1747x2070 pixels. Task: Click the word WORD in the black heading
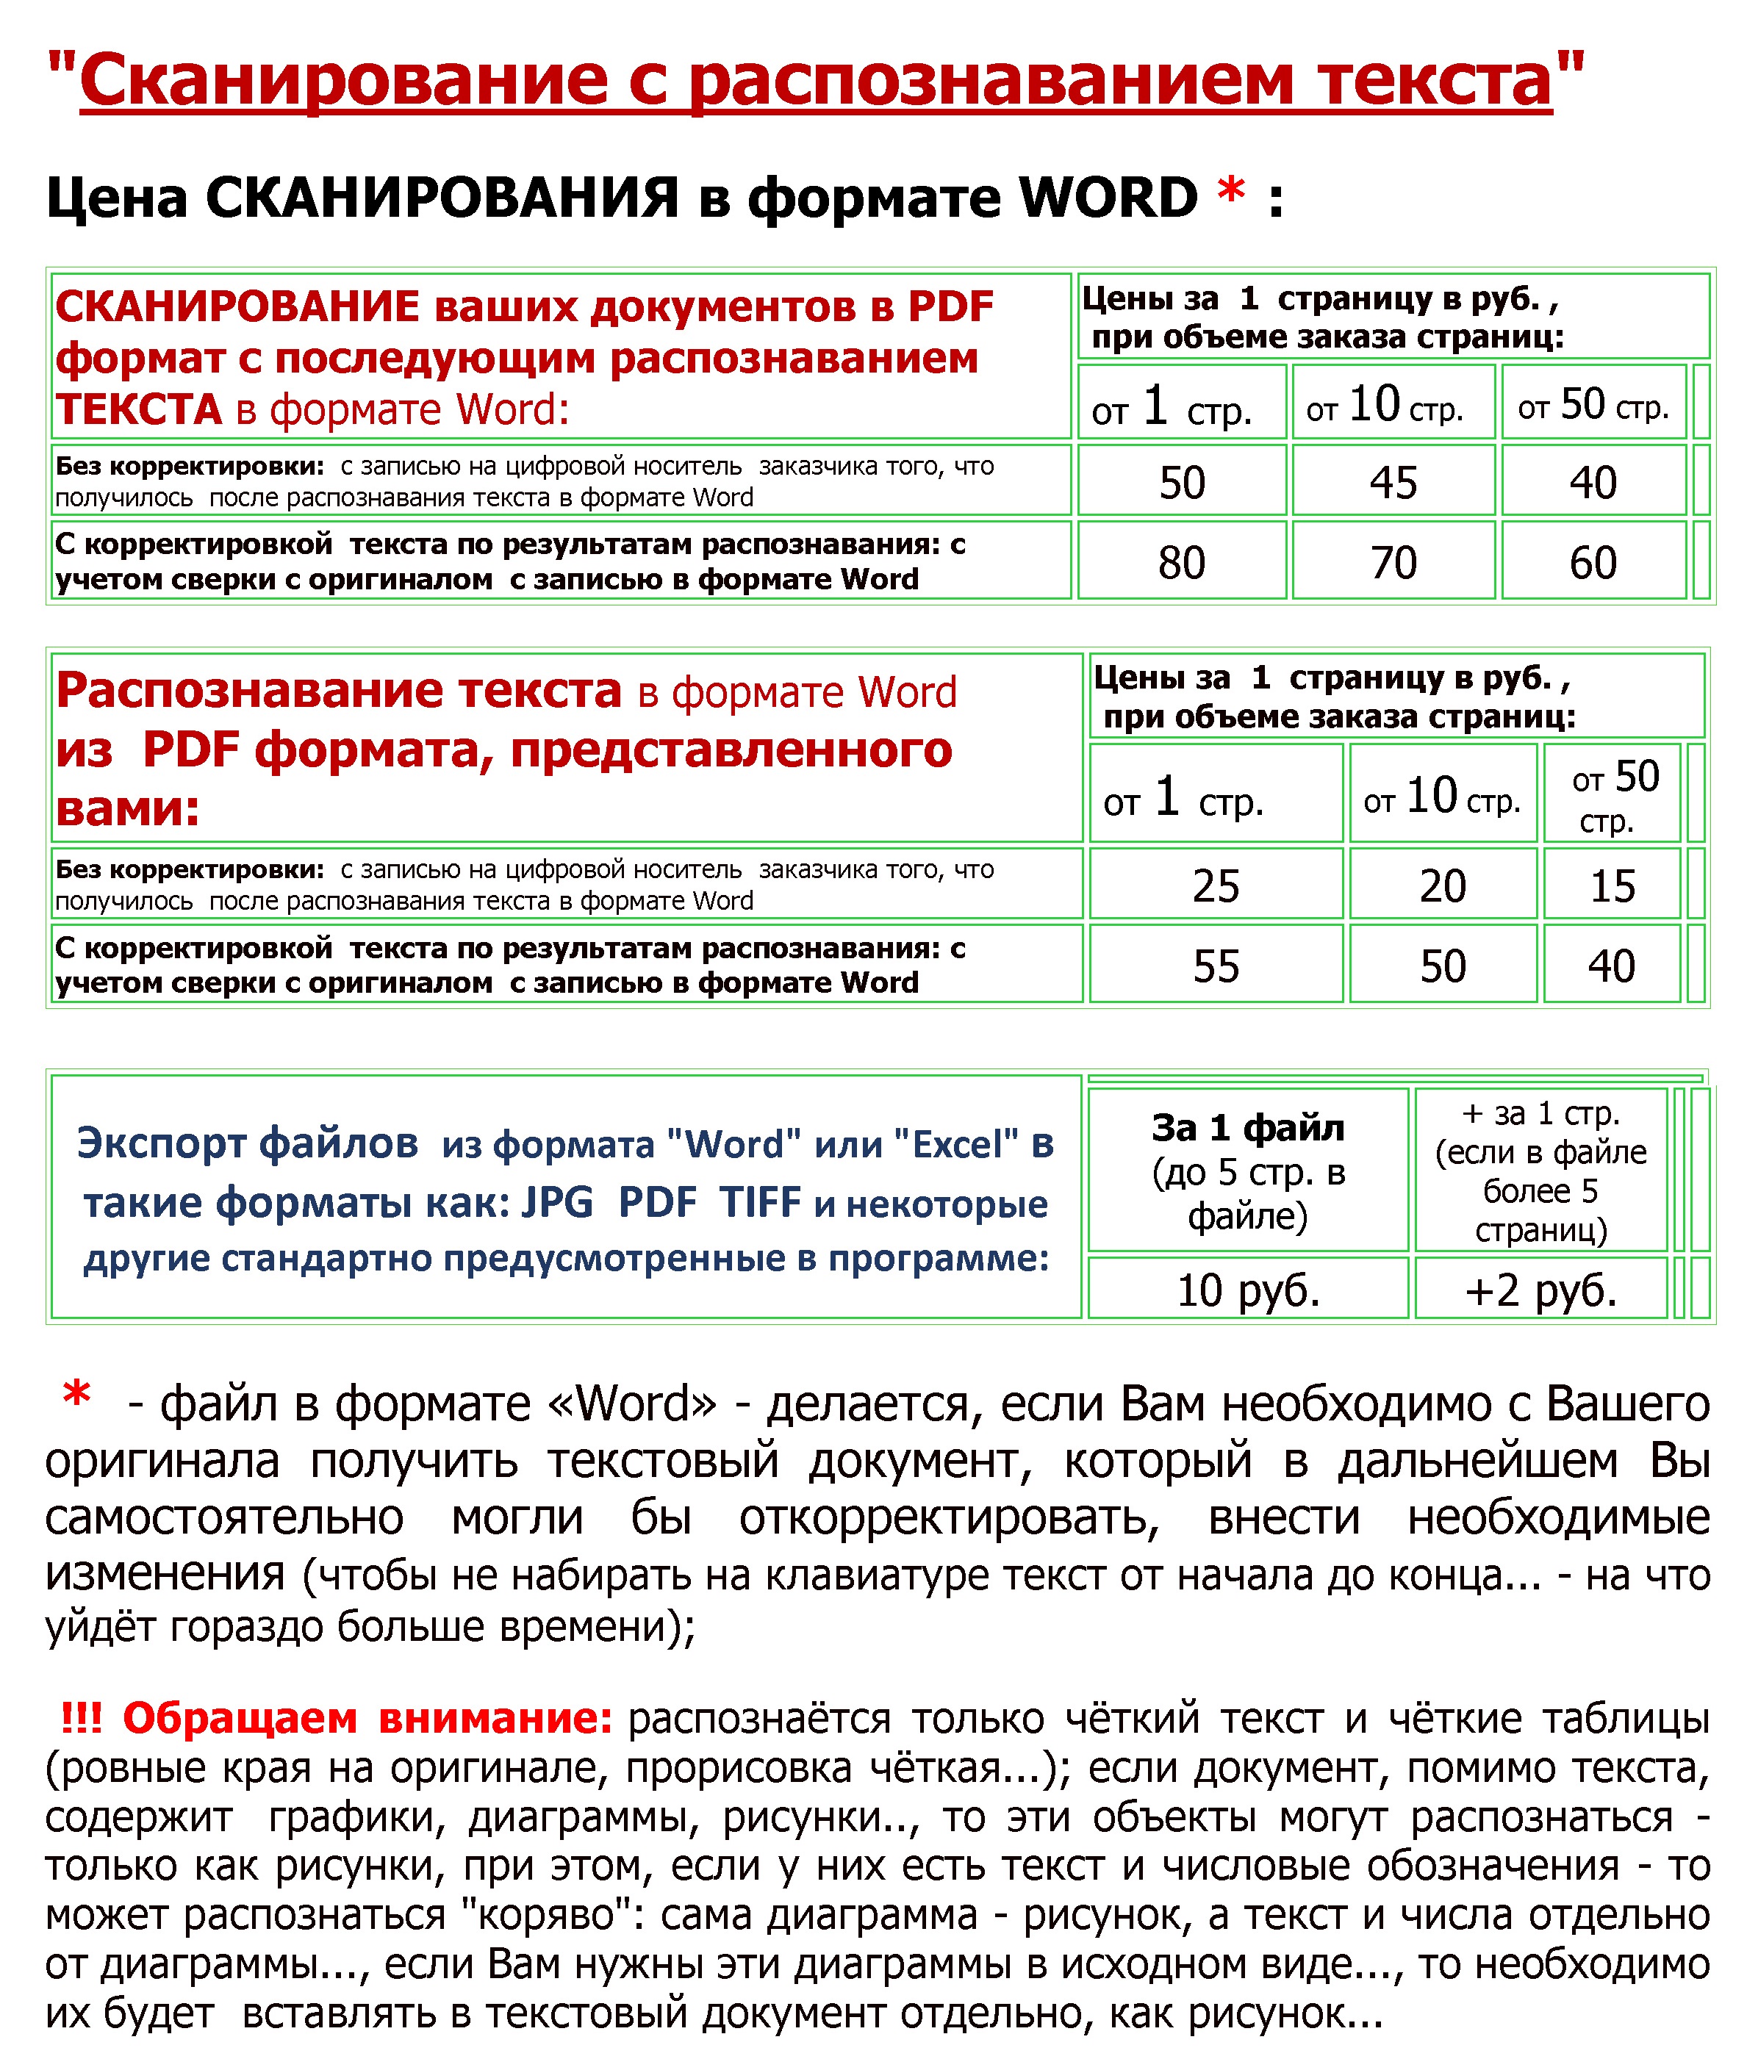(1108, 198)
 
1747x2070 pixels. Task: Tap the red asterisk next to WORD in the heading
(1231, 190)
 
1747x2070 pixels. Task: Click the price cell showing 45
(1393, 482)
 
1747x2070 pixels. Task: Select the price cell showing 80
(1182, 562)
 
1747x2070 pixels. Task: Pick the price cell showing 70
(1393, 562)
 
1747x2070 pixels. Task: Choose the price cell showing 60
(1593, 562)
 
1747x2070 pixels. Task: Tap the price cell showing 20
(1442, 885)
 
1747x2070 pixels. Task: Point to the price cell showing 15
(1611, 885)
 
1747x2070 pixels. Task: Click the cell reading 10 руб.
(1247, 1290)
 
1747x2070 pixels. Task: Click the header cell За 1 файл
(1247, 1127)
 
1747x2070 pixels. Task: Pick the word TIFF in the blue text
(760, 1203)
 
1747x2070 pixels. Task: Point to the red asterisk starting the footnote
(76, 1397)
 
